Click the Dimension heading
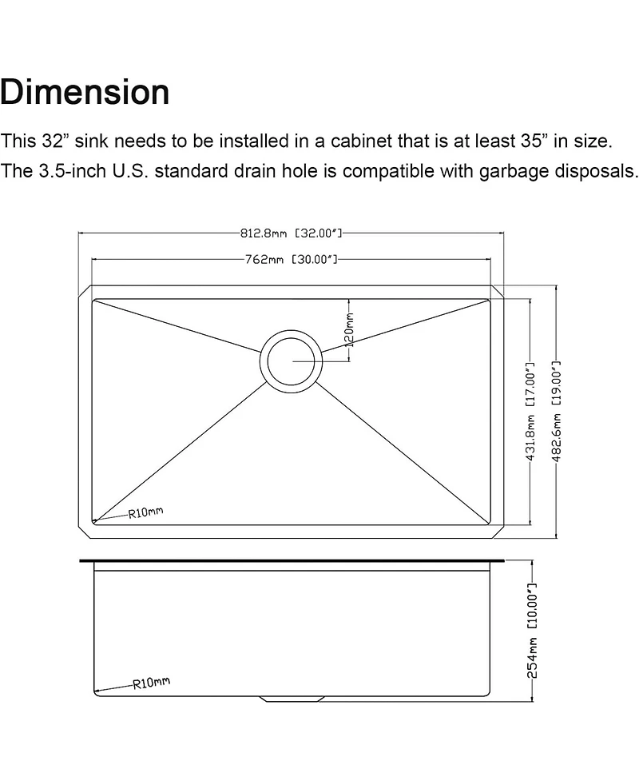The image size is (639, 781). [85, 93]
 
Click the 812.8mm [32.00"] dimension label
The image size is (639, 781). [291, 233]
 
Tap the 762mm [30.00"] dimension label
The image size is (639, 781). [291, 260]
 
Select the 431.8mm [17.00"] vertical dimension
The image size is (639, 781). [529, 411]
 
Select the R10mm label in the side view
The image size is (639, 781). [150, 683]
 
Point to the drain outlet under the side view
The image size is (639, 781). [292, 698]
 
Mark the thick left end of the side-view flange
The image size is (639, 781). [83, 562]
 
